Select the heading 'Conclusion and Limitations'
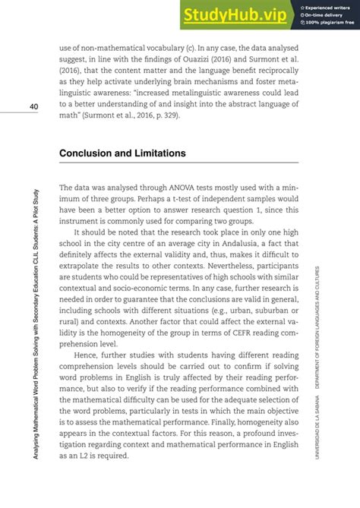click(x=122, y=153)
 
